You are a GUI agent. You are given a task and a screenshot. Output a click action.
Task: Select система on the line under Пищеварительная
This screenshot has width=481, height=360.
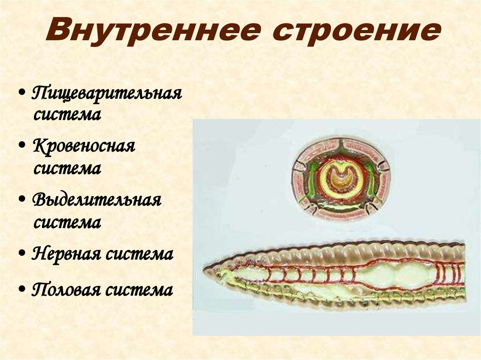[67, 115]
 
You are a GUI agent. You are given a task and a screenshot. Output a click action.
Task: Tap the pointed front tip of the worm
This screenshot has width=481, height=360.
[205, 269]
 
